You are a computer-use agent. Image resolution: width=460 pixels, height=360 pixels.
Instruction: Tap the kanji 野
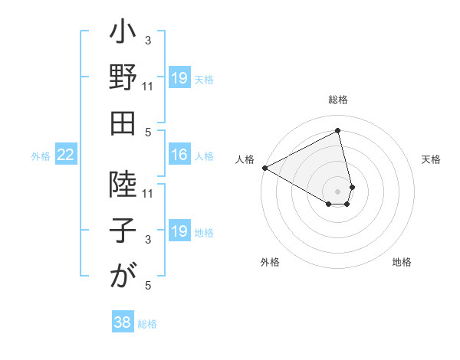tap(123, 80)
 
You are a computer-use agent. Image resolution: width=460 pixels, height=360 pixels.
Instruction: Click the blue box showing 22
tap(65, 155)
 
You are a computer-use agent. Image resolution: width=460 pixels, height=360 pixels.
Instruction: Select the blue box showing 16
tap(179, 155)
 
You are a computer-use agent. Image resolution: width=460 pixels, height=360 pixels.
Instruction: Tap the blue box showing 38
tap(122, 322)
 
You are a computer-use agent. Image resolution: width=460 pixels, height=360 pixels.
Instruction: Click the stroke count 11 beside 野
tap(149, 86)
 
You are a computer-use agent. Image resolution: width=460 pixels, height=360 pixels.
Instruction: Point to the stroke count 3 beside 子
tap(149, 241)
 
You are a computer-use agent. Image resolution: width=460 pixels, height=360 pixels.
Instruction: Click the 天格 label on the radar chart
tap(431, 159)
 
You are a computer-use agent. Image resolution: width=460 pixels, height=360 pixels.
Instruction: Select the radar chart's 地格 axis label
tap(402, 263)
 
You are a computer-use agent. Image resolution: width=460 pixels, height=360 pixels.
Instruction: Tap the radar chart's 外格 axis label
tap(270, 263)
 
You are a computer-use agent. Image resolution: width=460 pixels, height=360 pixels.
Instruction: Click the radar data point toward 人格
tap(264, 168)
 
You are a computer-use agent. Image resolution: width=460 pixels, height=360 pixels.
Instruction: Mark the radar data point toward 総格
tap(337, 130)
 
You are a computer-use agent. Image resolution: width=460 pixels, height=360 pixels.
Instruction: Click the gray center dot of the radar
tap(337, 191)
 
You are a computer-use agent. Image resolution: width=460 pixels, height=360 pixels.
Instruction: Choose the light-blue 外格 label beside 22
tap(41, 156)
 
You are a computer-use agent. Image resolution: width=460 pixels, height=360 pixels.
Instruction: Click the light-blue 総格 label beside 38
tap(147, 323)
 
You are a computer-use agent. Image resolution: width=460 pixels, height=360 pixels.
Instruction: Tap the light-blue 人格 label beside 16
tap(204, 156)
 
